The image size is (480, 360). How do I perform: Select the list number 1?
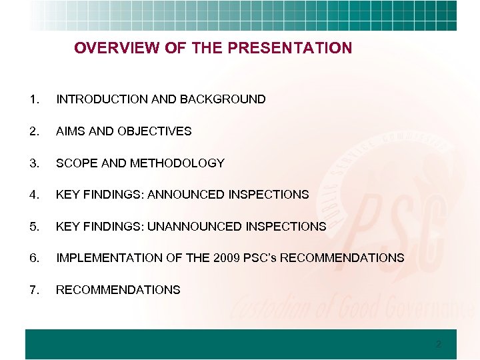click(33, 99)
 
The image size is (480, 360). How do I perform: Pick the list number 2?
click(33, 131)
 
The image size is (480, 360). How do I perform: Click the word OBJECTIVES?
click(154, 131)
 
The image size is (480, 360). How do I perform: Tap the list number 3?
click(33, 163)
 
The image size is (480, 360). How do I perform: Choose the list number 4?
click(33, 195)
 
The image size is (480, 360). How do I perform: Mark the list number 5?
click(33, 226)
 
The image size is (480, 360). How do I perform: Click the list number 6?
click(33, 257)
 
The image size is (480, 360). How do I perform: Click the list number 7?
click(33, 289)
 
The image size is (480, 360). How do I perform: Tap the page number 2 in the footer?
click(437, 345)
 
